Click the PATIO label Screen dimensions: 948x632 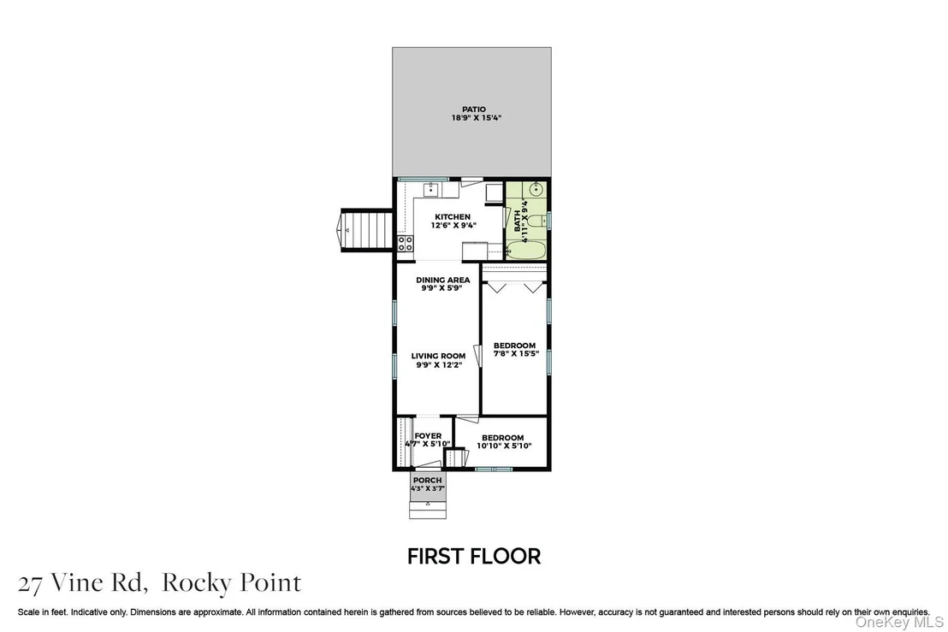point(474,109)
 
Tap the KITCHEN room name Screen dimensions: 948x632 point(453,217)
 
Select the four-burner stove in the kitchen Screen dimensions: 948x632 point(405,244)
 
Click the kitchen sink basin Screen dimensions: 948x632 point(430,190)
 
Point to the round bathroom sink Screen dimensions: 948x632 point(536,190)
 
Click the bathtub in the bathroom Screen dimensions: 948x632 point(526,250)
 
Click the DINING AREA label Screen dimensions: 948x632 point(442,281)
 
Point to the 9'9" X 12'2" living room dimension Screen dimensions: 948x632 point(439,365)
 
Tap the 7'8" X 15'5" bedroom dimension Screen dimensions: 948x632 point(516,353)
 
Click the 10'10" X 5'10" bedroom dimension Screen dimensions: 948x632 point(504,446)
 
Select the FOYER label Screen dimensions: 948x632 point(428,435)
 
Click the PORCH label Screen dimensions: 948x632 point(428,481)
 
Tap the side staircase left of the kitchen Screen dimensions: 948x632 point(367,230)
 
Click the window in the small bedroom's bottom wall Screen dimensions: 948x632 point(494,469)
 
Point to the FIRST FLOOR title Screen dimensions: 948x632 point(474,557)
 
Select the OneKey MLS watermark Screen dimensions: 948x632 point(899,623)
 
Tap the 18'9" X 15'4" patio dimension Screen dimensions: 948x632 point(477,118)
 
